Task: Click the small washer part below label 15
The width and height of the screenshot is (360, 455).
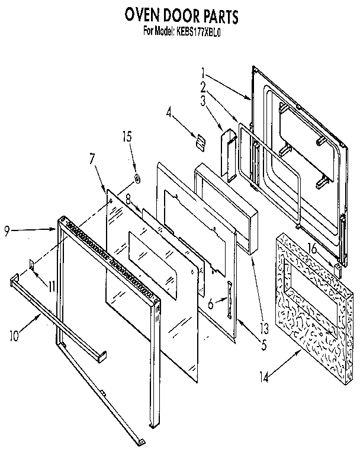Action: pyautogui.click(x=137, y=177)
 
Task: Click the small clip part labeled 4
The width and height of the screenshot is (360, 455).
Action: pyautogui.click(x=200, y=140)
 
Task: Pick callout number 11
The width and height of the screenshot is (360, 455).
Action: pyautogui.click(x=52, y=286)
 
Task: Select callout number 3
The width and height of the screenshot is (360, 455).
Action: pyautogui.click(x=202, y=101)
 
